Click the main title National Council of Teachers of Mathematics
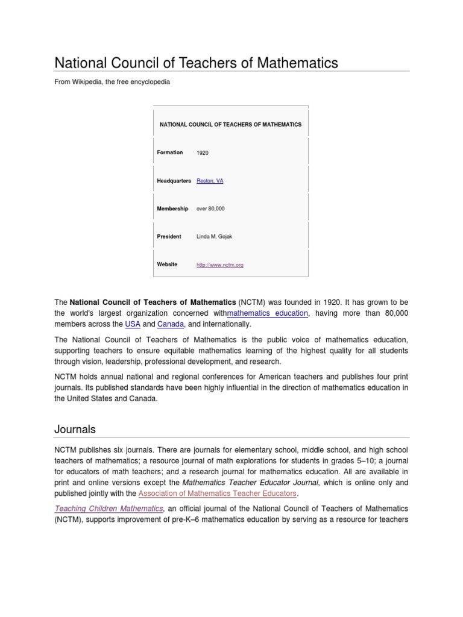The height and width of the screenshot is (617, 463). point(197,63)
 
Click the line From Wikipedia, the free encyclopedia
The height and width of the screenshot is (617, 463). point(112,81)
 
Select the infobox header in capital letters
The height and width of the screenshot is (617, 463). point(230,124)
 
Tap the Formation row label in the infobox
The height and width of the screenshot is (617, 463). point(170,152)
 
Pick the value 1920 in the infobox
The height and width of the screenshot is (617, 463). point(203,153)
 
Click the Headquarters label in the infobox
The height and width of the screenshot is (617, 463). point(174,181)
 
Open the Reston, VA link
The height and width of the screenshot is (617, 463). point(210,181)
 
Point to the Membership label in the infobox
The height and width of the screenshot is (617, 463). point(172,208)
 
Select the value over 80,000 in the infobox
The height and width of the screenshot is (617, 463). point(211,208)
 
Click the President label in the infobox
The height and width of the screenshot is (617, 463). point(169,236)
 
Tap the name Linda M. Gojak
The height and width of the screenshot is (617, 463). point(214,236)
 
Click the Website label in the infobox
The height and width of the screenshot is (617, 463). point(167,265)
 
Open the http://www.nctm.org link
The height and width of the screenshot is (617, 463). point(220,265)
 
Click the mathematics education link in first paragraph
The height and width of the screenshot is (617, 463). point(268,313)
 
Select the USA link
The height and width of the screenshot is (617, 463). point(133,324)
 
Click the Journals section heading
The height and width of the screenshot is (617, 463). point(75,429)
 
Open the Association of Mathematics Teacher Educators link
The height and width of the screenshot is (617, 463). point(218,493)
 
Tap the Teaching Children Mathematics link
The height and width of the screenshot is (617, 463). point(109,509)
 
